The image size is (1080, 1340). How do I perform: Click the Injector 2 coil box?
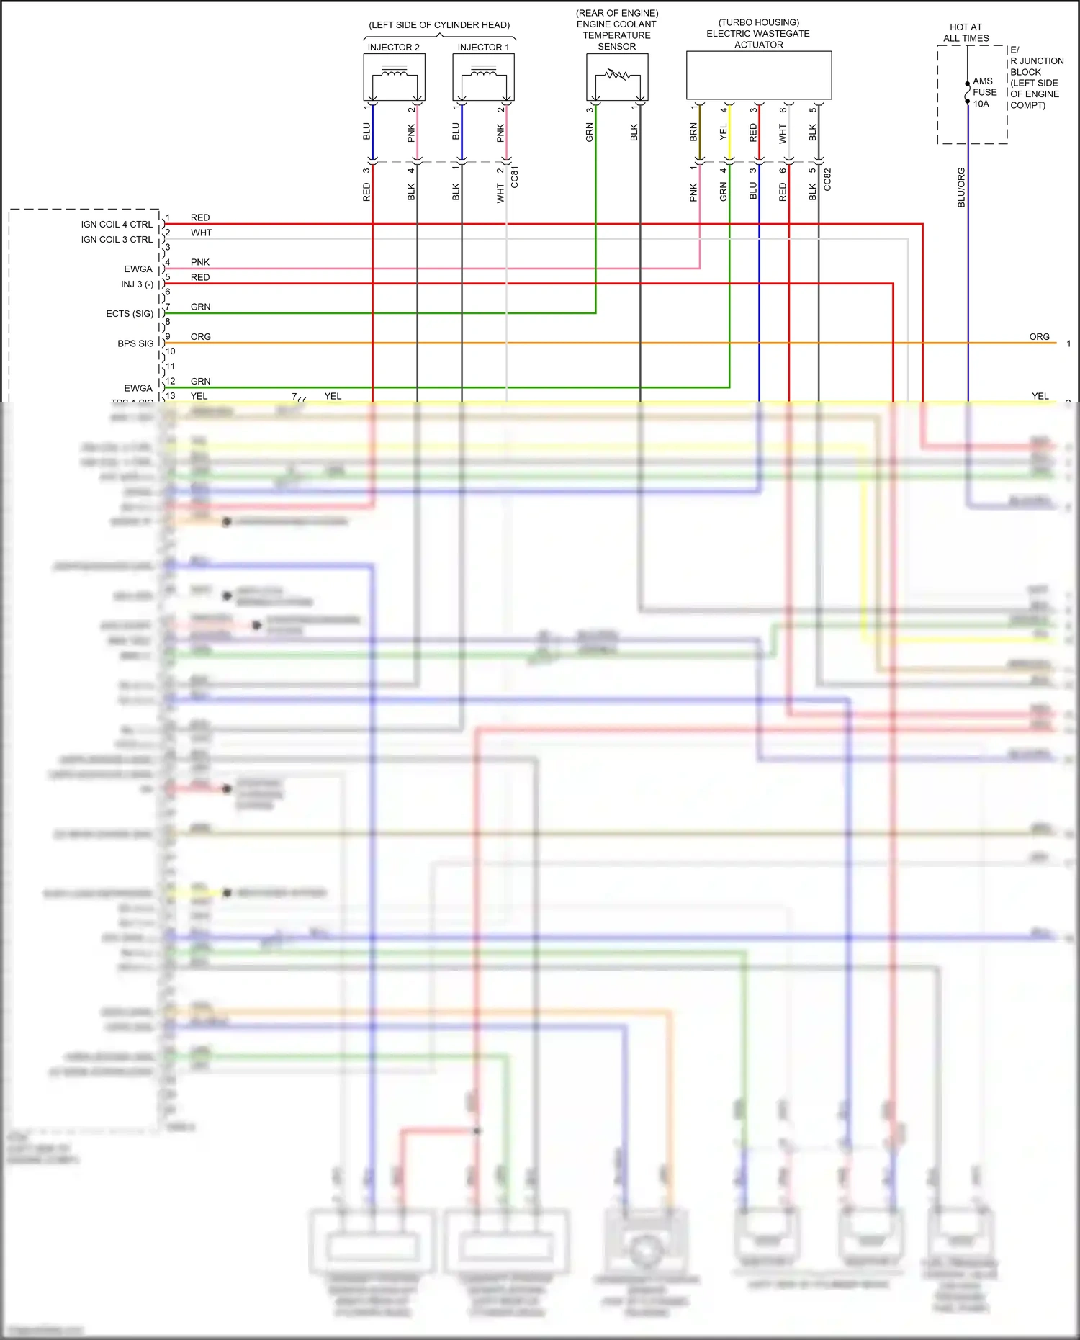click(394, 77)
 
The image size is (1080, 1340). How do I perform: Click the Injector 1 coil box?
click(483, 77)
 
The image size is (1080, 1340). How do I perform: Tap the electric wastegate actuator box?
click(759, 75)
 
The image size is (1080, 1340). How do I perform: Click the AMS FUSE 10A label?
click(984, 92)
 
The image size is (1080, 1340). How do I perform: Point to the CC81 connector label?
click(514, 178)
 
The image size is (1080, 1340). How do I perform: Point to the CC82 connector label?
click(827, 179)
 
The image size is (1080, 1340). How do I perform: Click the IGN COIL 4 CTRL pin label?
click(117, 225)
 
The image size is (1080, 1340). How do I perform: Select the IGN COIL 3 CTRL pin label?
click(117, 240)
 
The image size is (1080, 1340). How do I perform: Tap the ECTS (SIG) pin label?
click(130, 314)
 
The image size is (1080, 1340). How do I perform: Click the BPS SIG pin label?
click(135, 343)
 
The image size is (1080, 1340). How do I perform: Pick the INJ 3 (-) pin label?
click(137, 284)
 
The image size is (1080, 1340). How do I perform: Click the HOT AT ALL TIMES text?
click(966, 32)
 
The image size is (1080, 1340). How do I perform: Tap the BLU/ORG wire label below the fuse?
click(961, 187)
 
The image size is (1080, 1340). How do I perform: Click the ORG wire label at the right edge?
click(1039, 336)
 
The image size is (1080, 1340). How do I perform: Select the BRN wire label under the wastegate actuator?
click(693, 132)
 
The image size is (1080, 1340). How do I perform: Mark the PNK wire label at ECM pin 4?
click(200, 262)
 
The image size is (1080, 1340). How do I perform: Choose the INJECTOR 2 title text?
click(393, 48)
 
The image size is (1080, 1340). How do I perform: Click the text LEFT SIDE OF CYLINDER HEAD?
click(439, 25)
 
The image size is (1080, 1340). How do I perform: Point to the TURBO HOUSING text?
click(759, 22)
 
